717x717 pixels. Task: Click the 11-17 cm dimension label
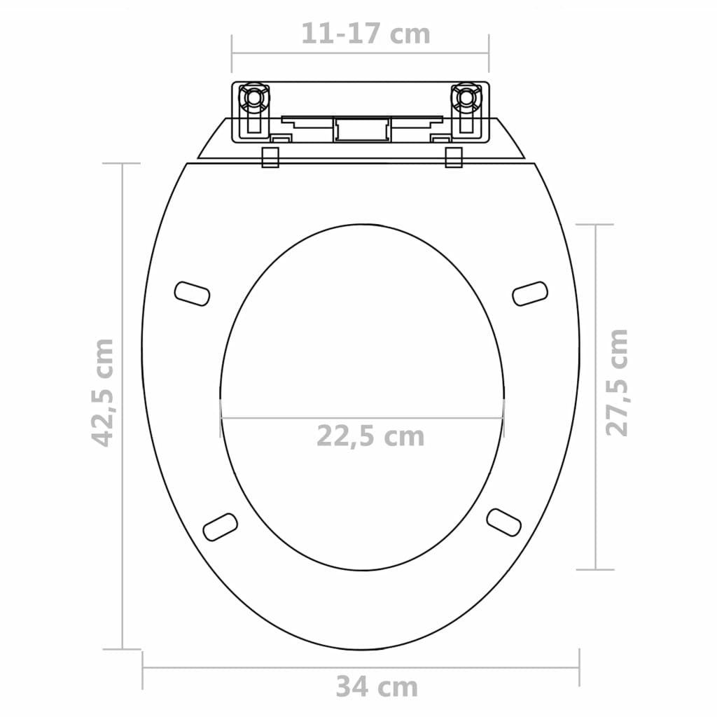click(x=366, y=34)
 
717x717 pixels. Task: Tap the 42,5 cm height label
click(x=104, y=392)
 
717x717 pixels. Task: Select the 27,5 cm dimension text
click(x=617, y=382)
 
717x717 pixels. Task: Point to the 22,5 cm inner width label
click(x=370, y=436)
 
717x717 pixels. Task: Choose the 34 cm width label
click(x=376, y=687)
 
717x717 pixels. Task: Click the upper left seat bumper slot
click(x=192, y=293)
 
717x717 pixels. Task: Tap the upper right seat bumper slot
click(x=530, y=293)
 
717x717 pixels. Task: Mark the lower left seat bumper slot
click(x=220, y=527)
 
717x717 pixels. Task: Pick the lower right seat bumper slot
click(x=504, y=522)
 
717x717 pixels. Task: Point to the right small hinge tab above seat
click(x=454, y=157)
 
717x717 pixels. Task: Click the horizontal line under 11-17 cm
click(x=361, y=53)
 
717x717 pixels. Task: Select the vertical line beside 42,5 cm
click(x=123, y=406)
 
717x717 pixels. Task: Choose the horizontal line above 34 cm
click(x=361, y=667)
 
